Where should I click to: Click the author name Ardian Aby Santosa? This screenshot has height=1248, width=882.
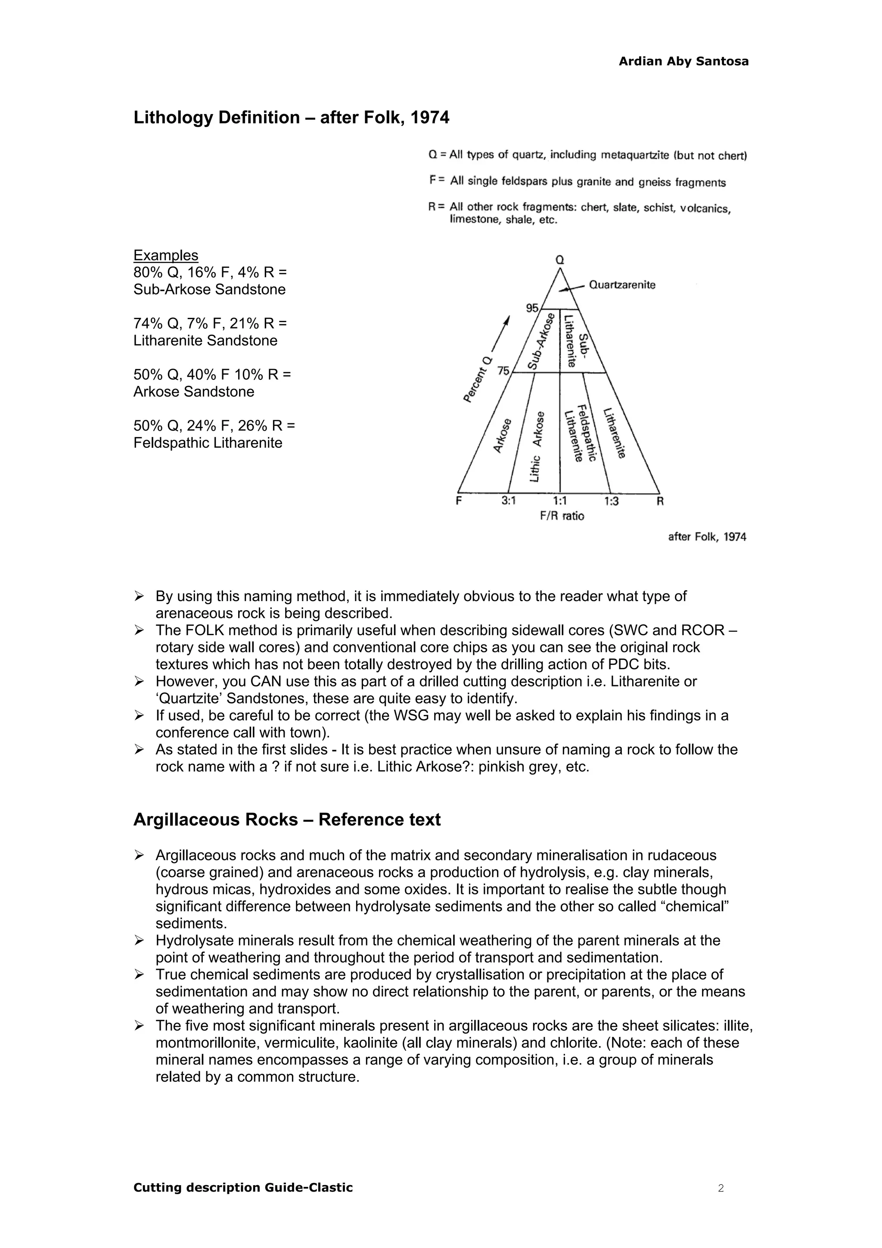(x=683, y=62)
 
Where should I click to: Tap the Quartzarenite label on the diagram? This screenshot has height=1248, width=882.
(x=622, y=285)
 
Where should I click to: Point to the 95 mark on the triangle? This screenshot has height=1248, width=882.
(x=531, y=308)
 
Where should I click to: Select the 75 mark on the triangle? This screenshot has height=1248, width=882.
(x=503, y=371)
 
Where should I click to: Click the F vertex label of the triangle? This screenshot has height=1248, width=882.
(x=459, y=501)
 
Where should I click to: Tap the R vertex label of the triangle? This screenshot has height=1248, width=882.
(x=660, y=501)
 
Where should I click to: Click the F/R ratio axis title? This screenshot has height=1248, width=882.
(x=562, y=516)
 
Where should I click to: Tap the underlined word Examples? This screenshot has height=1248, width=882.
(x=166, y=255)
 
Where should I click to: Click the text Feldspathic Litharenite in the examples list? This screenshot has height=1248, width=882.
(x=208, y=443)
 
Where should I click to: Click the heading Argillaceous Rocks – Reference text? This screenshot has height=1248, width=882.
(x=286, y=820)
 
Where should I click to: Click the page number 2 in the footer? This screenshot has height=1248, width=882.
(x=721, y=1188)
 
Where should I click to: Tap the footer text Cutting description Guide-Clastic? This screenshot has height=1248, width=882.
(x=243, y=1188)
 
